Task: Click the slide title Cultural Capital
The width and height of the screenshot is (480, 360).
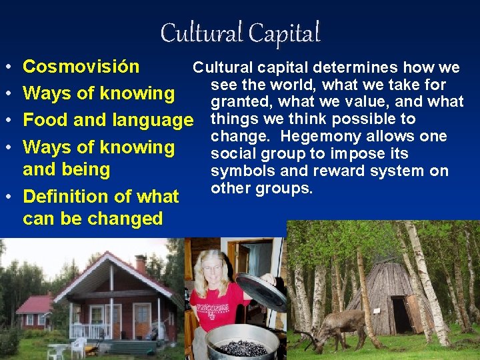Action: [x=240, y=32]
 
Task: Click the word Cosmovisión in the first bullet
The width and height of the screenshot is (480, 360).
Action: [x=81, y=67]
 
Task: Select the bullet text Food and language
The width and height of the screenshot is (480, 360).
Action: [x=107, y=121]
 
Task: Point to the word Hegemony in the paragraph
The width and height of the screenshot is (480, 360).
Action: [x=315, y=137]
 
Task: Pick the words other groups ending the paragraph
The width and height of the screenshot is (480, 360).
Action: [x=261, y=189]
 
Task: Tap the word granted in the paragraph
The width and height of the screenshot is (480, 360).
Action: [x=241, y=102]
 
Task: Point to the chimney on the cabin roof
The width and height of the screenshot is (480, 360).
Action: [x=141, y=263]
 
